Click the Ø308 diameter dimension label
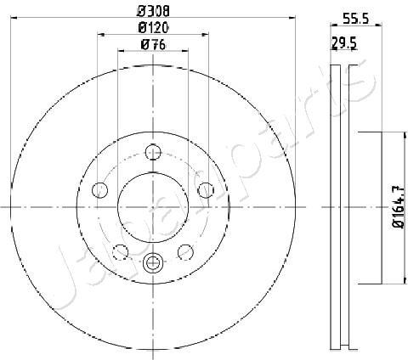pyautogui.click(x=153, y=12)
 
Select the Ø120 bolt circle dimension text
pyautogui.click(x=153, y=28)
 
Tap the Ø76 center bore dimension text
pyautogui.click(x=153, y=45)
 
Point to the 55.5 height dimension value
pyautogui.click(x=355, y=20)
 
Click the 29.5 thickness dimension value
pyautogui.click(x=344, y=44)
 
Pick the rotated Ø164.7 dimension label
pyautogui.click(x=399, y=207)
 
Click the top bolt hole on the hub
pyautogui.click(x=153, y=152)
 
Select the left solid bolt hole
pyautogui.click(x=99, y=190)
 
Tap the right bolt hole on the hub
pyautogui.click(x=206, y=190)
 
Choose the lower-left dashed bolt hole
pyautogui.click(x=121, y=252)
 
